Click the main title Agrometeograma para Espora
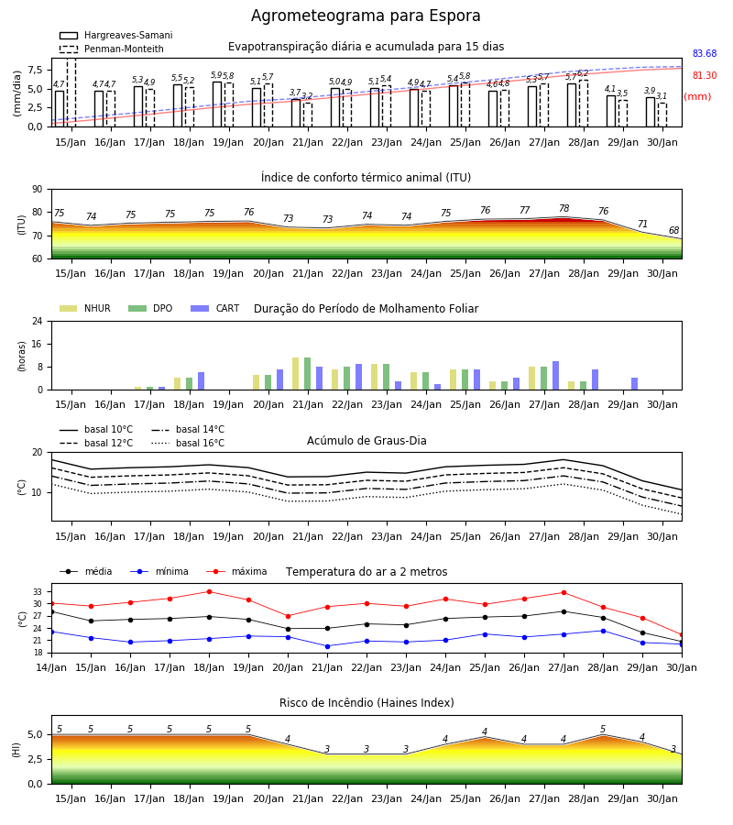[366, 16]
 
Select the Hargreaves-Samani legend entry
[115, 35]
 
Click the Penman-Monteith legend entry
[112, 49]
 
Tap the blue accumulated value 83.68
[705, 54]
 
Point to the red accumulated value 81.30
[705, 76]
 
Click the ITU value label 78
[564, 208]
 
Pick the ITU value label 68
[673, 230]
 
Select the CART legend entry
[215, 308]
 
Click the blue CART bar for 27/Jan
[556, 376]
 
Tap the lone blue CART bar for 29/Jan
[635, 384]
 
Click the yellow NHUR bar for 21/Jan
[296, 374]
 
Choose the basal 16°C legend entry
[188, 443]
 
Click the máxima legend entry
[236, 571]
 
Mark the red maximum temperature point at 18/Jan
[209, 592]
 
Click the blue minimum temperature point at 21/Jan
[328, 646]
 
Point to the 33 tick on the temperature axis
[38, 592]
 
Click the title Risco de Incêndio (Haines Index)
[366, 703]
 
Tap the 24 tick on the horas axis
[38, 322]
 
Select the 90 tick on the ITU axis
[38, 190]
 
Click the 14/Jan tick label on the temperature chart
[51, 667]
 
